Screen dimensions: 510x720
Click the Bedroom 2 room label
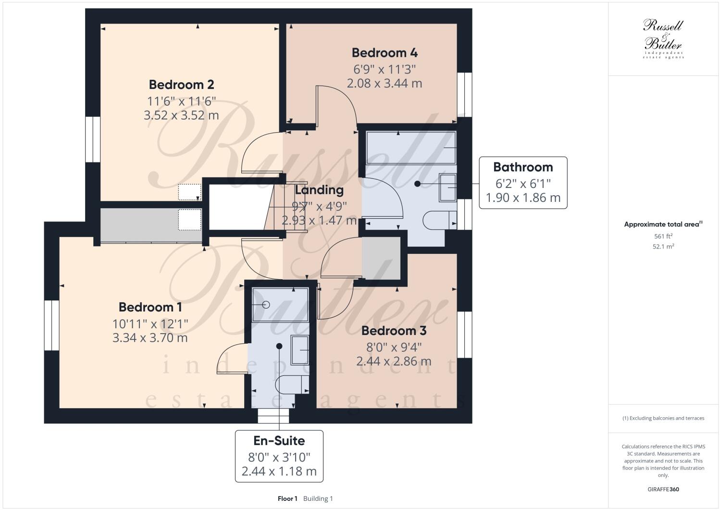[x=181, y=85]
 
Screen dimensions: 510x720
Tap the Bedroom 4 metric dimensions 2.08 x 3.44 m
[x=384, y=83]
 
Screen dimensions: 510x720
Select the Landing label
[x=319, y=190]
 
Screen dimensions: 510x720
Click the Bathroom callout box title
[x=523, y=167]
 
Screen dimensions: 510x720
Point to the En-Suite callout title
[x=279, y=441]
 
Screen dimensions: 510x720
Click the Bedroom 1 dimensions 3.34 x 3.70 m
[x=150, y=338]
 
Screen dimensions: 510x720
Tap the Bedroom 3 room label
[x=394, y=331]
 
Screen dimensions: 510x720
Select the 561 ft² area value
[x=663, y=236]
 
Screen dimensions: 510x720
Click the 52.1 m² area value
[x=663, y=247]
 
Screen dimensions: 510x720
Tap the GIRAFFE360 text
[x=663, y=490]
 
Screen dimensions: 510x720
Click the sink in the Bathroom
[x=447, y=187]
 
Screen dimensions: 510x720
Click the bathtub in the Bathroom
[x=411, y=148]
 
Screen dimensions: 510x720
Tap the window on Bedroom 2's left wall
[x=92, y=139]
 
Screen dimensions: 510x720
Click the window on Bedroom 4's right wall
[x=464, y=92]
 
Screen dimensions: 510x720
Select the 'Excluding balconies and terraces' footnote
[x=663, y=418]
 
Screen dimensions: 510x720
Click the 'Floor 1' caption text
[x=287, y=499]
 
